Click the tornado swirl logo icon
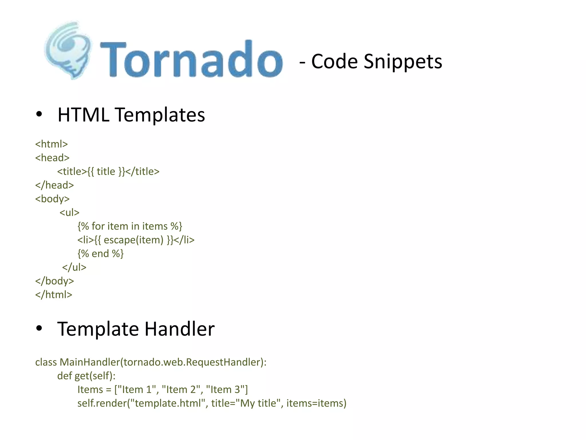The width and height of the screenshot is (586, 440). pos(68,50)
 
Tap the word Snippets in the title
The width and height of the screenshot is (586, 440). pos(403,62)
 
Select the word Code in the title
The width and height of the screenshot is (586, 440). pos(334,62)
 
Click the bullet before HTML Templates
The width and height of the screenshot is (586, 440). pos(39,115)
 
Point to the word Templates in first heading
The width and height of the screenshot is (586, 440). pos(160,115)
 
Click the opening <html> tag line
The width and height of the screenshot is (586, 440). pos(52,144)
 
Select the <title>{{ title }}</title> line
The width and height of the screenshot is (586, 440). pos(108,172)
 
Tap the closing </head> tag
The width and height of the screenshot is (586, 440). pos(54,185)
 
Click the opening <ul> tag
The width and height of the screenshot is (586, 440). pos(69,213)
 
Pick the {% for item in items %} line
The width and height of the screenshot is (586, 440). pos(130,226)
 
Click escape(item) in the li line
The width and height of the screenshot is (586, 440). pos(133,240)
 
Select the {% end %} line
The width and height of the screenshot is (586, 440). pos(100,254)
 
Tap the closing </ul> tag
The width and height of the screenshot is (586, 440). pos(74,267)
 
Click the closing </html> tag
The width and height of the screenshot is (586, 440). pos(54,295)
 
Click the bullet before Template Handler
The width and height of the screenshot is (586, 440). pos(39,329)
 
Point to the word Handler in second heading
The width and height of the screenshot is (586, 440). pos(179,329)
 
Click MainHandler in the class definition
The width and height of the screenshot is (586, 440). pos(90,362)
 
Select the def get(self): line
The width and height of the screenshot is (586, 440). pos(86,376)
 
